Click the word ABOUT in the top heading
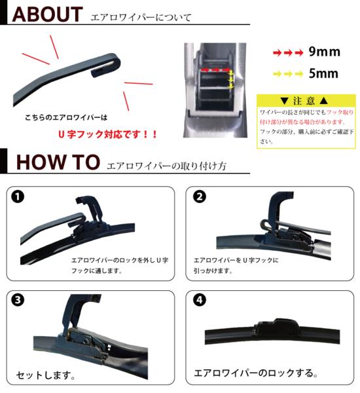[45, 14]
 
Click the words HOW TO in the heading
[58, 162]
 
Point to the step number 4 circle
[200, 301]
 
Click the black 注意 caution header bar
[306, 101]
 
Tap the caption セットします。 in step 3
[45, 377]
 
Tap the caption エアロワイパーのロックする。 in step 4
[256, 375]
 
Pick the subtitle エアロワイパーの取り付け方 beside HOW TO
[166, 166]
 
